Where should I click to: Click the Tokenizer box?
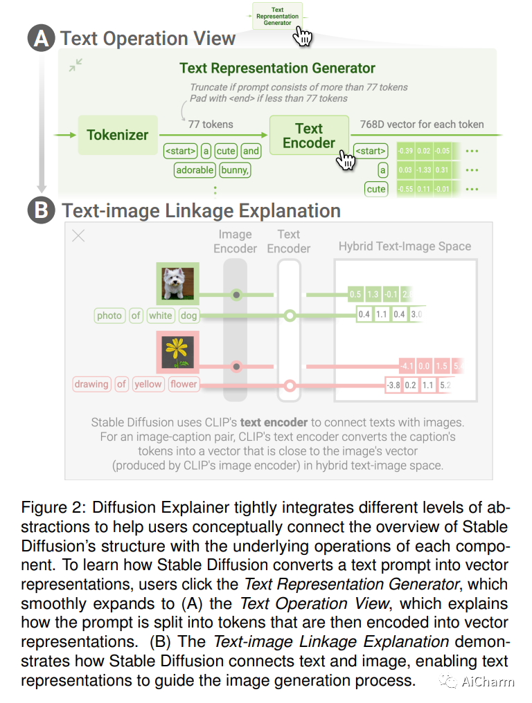117,135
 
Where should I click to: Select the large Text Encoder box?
308,136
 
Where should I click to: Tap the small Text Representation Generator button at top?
277,17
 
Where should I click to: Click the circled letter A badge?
41,39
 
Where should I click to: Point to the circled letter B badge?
41,210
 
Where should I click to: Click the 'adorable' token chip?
195,170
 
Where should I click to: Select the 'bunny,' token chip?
235,170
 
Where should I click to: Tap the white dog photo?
177,283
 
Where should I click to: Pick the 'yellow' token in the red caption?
148,384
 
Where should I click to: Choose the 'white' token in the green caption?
160,316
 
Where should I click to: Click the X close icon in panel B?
79,236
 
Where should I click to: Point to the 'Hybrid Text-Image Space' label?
405,246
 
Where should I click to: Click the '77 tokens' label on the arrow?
211,125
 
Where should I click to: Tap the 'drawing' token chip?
91,384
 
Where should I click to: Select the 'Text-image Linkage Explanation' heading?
201,210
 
